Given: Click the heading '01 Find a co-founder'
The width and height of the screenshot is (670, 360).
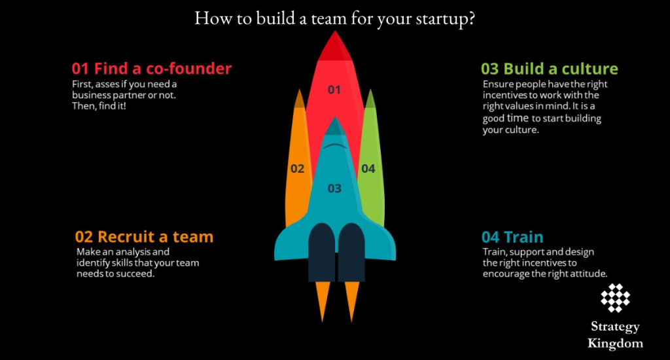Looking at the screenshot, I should click(151, 68).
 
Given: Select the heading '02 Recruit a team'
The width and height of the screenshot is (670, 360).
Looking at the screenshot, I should click(144, 236).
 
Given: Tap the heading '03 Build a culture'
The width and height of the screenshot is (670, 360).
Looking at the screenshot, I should click(549, 69).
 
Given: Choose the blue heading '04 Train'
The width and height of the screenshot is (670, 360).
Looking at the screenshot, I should click(512, 237).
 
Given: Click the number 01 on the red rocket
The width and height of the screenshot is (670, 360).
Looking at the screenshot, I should click(334, 90).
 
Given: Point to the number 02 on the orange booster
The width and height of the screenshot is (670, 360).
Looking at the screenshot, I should click(298, 168).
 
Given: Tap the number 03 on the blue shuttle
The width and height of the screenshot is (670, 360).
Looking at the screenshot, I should click(334, 189).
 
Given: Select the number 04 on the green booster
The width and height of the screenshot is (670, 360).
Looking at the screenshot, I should click(368, 168).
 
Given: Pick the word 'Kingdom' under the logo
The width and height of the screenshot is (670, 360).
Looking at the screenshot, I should click(615, 343).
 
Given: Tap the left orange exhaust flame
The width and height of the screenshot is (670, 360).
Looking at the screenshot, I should click(323, 301).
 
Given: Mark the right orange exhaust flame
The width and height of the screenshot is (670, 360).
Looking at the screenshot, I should click(352, 301).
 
